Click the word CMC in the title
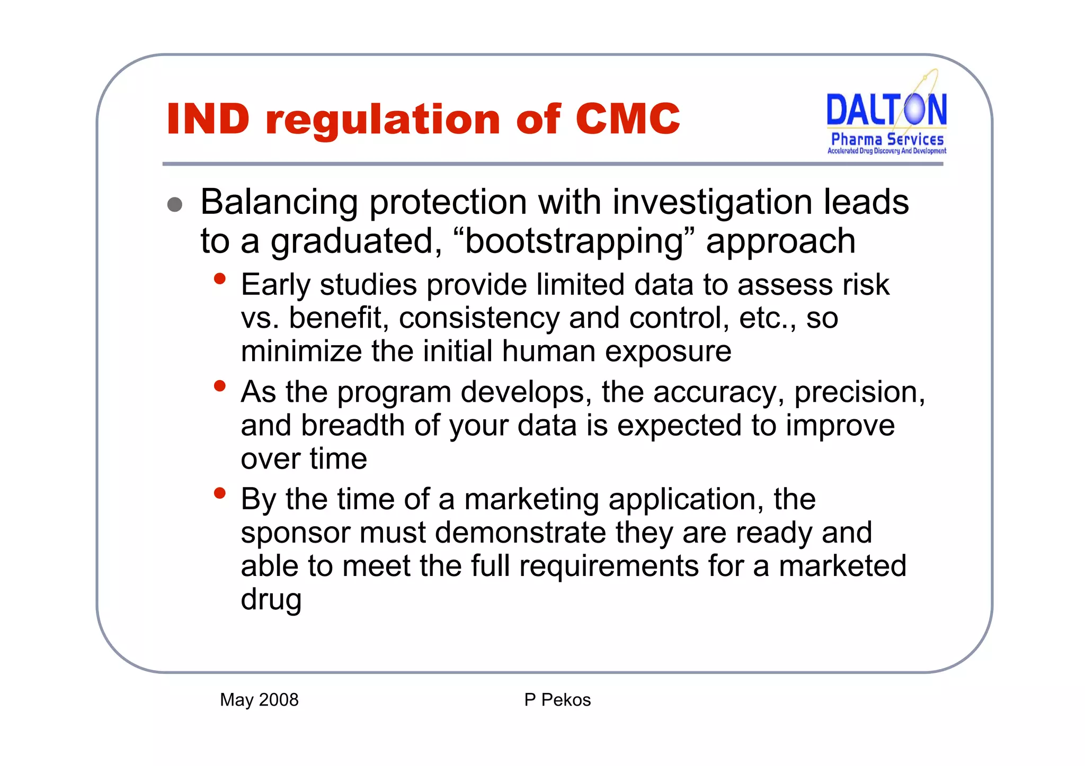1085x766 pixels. coord(627,119)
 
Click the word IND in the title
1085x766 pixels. coord(208,119)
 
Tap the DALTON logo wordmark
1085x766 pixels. coord(886,110)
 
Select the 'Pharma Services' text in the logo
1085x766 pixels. coord(887,139)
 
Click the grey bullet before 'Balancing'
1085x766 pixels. coord(175,205)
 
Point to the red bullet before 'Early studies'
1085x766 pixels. coord(220,278)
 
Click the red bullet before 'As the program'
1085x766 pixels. coord(220,385)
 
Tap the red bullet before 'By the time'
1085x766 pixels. coord(220,493)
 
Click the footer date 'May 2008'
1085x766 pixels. coord(259,700)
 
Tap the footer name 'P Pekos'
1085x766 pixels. coord(557,700)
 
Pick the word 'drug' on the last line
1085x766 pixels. coord(271,600)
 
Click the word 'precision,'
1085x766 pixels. coord(859,393)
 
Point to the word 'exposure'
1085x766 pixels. coord(668,352)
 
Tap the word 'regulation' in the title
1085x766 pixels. coord(383,120)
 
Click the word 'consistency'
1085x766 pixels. coord(478,318)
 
